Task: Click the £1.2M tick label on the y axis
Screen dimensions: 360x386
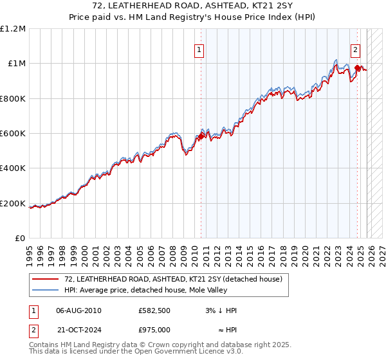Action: [x=12, y=28]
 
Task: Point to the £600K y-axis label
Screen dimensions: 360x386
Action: [x=12, y=134]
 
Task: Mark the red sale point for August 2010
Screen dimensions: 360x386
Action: [x=201, y=136]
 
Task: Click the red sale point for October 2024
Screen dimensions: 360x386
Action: [x=357, y=67]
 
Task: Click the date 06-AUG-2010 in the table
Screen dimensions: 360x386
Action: [x=79, y=310]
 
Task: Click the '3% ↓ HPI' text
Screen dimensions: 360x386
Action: [x=218, y=310]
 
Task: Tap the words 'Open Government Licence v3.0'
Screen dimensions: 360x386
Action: [x=187, y=353]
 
